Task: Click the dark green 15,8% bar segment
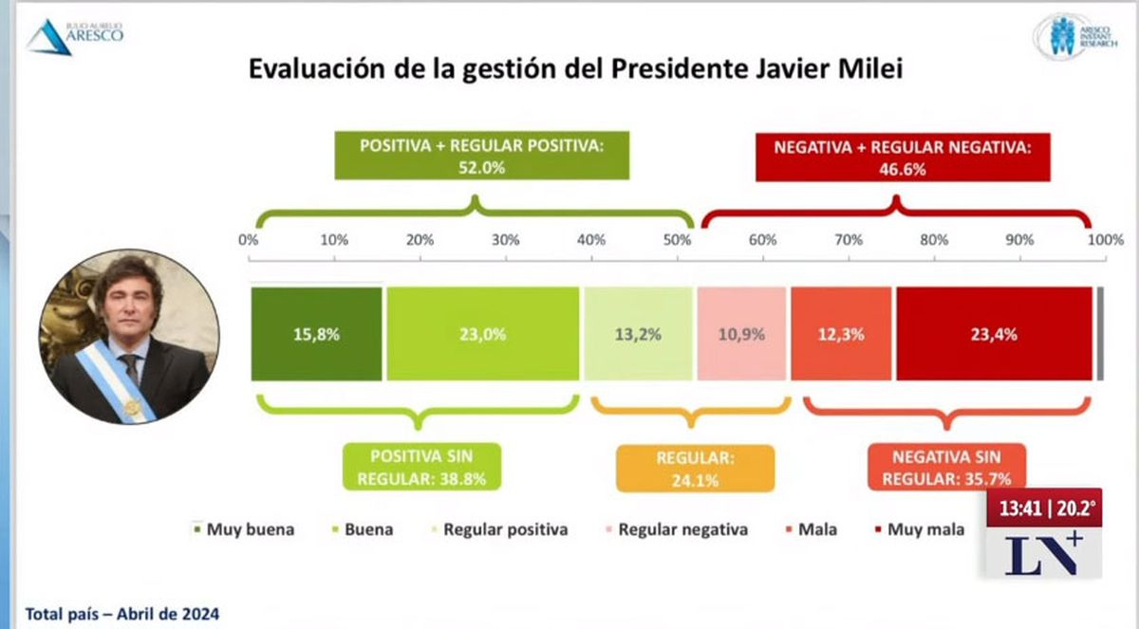pos(316,333)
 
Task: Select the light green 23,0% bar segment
pos(483,333)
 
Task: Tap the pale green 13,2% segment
pos(637,333)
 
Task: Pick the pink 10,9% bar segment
pos(741,333)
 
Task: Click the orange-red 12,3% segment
pos(841,333)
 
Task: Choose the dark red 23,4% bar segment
pos(994,333)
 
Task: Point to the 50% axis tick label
pos(677,240)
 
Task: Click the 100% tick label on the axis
pos(1105,240)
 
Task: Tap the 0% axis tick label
pos(249,240)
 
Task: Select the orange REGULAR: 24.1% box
pos(695,469)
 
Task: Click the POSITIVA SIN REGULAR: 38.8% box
pos(421,468)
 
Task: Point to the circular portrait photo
pos(129,338)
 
